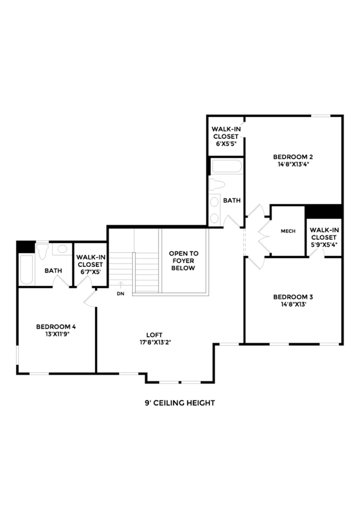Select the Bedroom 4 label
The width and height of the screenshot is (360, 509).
coord(56,326)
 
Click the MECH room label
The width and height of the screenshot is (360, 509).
coord(288,231)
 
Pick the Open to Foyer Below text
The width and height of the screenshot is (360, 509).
coord(183,261)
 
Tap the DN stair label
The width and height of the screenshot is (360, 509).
coord(121,294)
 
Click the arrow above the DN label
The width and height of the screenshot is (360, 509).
coord(121,286)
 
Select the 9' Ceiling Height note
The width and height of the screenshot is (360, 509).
coord(179,403)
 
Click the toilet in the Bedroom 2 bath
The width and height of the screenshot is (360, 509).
coord(217,184)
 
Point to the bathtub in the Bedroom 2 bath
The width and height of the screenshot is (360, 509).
coord(226,166)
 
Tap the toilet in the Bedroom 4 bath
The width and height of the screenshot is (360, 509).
coord(42,251)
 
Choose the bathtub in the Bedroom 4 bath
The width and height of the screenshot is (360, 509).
coord(26,270)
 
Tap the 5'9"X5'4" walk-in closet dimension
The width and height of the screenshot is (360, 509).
coord(323,245)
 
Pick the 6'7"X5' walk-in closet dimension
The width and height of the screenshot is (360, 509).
coord(91,272)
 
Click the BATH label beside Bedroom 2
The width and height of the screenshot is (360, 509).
coord(232,201)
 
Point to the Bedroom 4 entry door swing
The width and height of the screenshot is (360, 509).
coord(91,298)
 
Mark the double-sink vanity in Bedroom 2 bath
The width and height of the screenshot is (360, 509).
coord(215,210)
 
